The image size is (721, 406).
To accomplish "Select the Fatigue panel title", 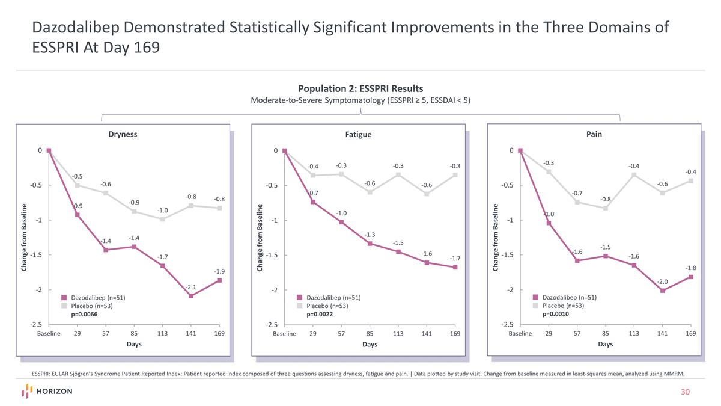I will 358,134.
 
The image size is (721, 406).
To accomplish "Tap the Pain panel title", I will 594,134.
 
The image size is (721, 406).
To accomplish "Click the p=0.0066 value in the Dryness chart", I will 84,314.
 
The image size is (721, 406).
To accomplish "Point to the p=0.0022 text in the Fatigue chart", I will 320,314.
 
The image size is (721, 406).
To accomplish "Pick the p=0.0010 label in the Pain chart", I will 555,314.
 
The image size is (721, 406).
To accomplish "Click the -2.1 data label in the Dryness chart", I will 191,286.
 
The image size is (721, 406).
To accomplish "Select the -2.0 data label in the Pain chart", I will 662,281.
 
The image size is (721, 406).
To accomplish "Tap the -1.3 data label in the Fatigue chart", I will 370,234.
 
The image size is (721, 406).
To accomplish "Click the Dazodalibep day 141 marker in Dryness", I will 191,296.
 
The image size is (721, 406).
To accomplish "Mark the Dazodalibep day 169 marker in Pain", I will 691,277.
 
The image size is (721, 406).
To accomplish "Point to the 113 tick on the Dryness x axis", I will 162,333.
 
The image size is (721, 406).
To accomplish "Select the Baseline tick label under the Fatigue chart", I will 284,333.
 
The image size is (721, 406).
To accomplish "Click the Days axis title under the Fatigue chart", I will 370,344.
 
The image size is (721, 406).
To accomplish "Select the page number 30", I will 684,392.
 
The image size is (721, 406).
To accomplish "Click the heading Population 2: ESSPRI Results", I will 360,88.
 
